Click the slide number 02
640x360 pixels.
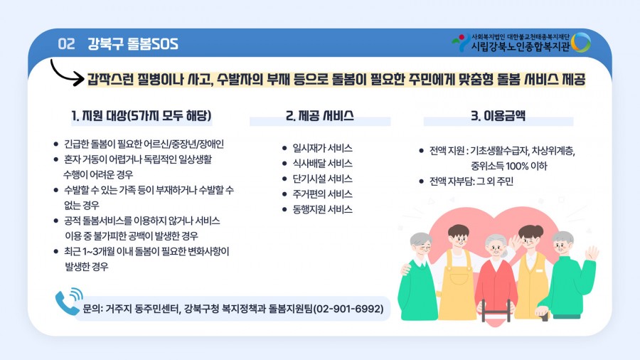tap(66, 43)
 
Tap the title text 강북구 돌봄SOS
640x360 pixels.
tap(133, 43)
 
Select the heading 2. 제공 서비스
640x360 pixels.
tap(319, 116)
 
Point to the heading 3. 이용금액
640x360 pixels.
tap(498, 116)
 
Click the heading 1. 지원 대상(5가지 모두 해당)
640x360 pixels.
tap(142, 116)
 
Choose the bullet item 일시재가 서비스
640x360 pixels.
tap(322, 148)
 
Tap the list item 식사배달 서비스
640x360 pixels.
tap(322, 163)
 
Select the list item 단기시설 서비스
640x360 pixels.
tap(322, 179)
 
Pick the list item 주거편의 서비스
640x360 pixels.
tap(322, 194)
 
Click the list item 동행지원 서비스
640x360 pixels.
tap(322, 209)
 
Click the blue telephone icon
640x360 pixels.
tap(68, 302)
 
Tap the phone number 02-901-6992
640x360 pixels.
tap(348, 309)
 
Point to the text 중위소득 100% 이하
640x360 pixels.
tap(508, 166)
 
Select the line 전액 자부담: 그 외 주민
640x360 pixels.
tap(471, 181)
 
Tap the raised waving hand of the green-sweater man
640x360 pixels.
tap(592, 253)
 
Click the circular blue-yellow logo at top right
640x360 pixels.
tap(580, 43)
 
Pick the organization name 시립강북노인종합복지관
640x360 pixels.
tap(521, 46)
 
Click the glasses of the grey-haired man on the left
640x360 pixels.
tap(423, 247)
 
